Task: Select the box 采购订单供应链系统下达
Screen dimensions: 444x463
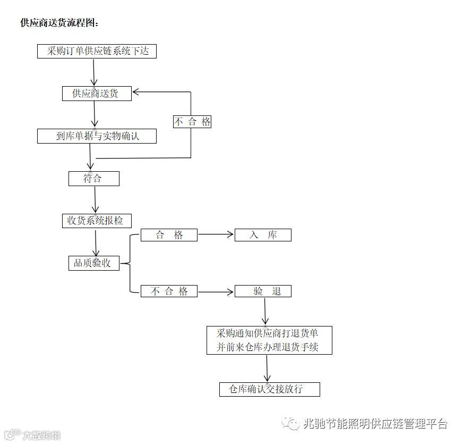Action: pyautogui.click(x=97, y=51)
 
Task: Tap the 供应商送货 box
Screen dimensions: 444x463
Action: pyautogui.click(x=96, y=94)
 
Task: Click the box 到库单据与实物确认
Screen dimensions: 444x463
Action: pyautogui.click(x=97, y=136)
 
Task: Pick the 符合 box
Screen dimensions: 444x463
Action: pyautogui.click(x=93, y=179)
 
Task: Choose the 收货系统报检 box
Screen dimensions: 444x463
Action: pyautogui.click(x=96, y=221)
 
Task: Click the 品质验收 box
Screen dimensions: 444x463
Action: pyautogui.click(x=93, y=263)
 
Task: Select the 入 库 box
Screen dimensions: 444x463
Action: pyautogui.click(x=263, y=235)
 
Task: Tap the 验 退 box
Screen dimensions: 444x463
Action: pyautogui.click(x=263, y=291)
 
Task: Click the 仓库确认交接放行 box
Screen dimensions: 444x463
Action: pyautogui.click(x=270, y=389)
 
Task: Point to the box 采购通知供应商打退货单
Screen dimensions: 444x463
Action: pyautogui.click(x=269, y=340)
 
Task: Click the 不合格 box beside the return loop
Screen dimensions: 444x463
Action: pyautogui.click(x=192, y=122)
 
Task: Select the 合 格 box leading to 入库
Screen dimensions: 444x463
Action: pyautogui.click(x=169, y=235)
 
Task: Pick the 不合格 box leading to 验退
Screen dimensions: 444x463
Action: pyautogui.click(x=169, y=291)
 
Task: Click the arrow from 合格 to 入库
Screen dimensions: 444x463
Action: pyautogui.click(x=216, y=234)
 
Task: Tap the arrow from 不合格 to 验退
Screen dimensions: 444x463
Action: pyautogui.click(x=216, y=291)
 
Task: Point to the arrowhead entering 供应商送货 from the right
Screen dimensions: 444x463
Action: pyautogui.click(x=136, y=92)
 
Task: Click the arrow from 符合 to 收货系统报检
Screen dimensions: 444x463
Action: pyautogui.click(x=95, y=200)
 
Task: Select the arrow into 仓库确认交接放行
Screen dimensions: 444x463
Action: pyautogui.click(x=267, y=368)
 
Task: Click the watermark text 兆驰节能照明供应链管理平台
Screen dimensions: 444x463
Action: pyautogui.click(x=375, y=424)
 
